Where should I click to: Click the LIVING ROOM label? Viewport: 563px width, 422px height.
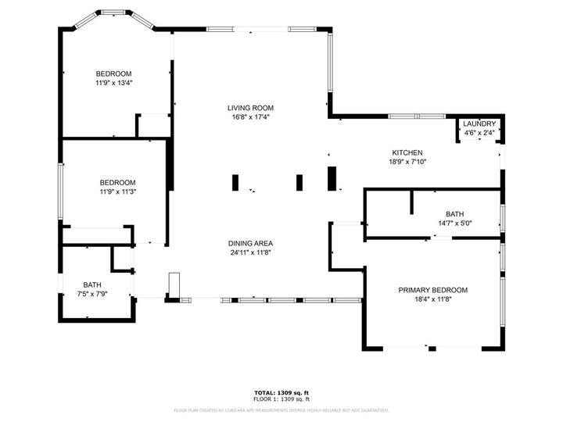coord(250,108)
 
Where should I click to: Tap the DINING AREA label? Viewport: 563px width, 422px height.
coord(250,242)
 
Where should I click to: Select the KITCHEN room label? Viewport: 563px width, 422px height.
coord(407,152)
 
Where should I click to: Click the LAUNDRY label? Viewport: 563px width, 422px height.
coord(479,124)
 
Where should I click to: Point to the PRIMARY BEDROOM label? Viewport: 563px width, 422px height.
coord(432,290)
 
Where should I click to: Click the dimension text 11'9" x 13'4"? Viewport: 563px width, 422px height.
coord(113,83)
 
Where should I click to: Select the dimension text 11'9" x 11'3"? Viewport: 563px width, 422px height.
coord(117,191)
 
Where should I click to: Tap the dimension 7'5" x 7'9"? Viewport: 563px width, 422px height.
coord(92,294)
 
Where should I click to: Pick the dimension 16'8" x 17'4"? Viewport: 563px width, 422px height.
coord(250,118)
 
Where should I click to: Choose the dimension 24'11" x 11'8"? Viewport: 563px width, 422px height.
coord(250,252)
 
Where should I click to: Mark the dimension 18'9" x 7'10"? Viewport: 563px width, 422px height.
coord(407,162)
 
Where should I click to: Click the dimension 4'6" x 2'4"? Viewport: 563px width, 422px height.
coord(479,134)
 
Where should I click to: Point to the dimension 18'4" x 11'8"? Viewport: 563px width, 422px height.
coord(432,299)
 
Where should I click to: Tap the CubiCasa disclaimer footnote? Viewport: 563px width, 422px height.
coord(281,409)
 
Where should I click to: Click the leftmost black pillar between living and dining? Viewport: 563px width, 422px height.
coord(235,183)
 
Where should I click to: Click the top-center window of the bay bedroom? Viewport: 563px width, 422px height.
coord(113,13)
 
